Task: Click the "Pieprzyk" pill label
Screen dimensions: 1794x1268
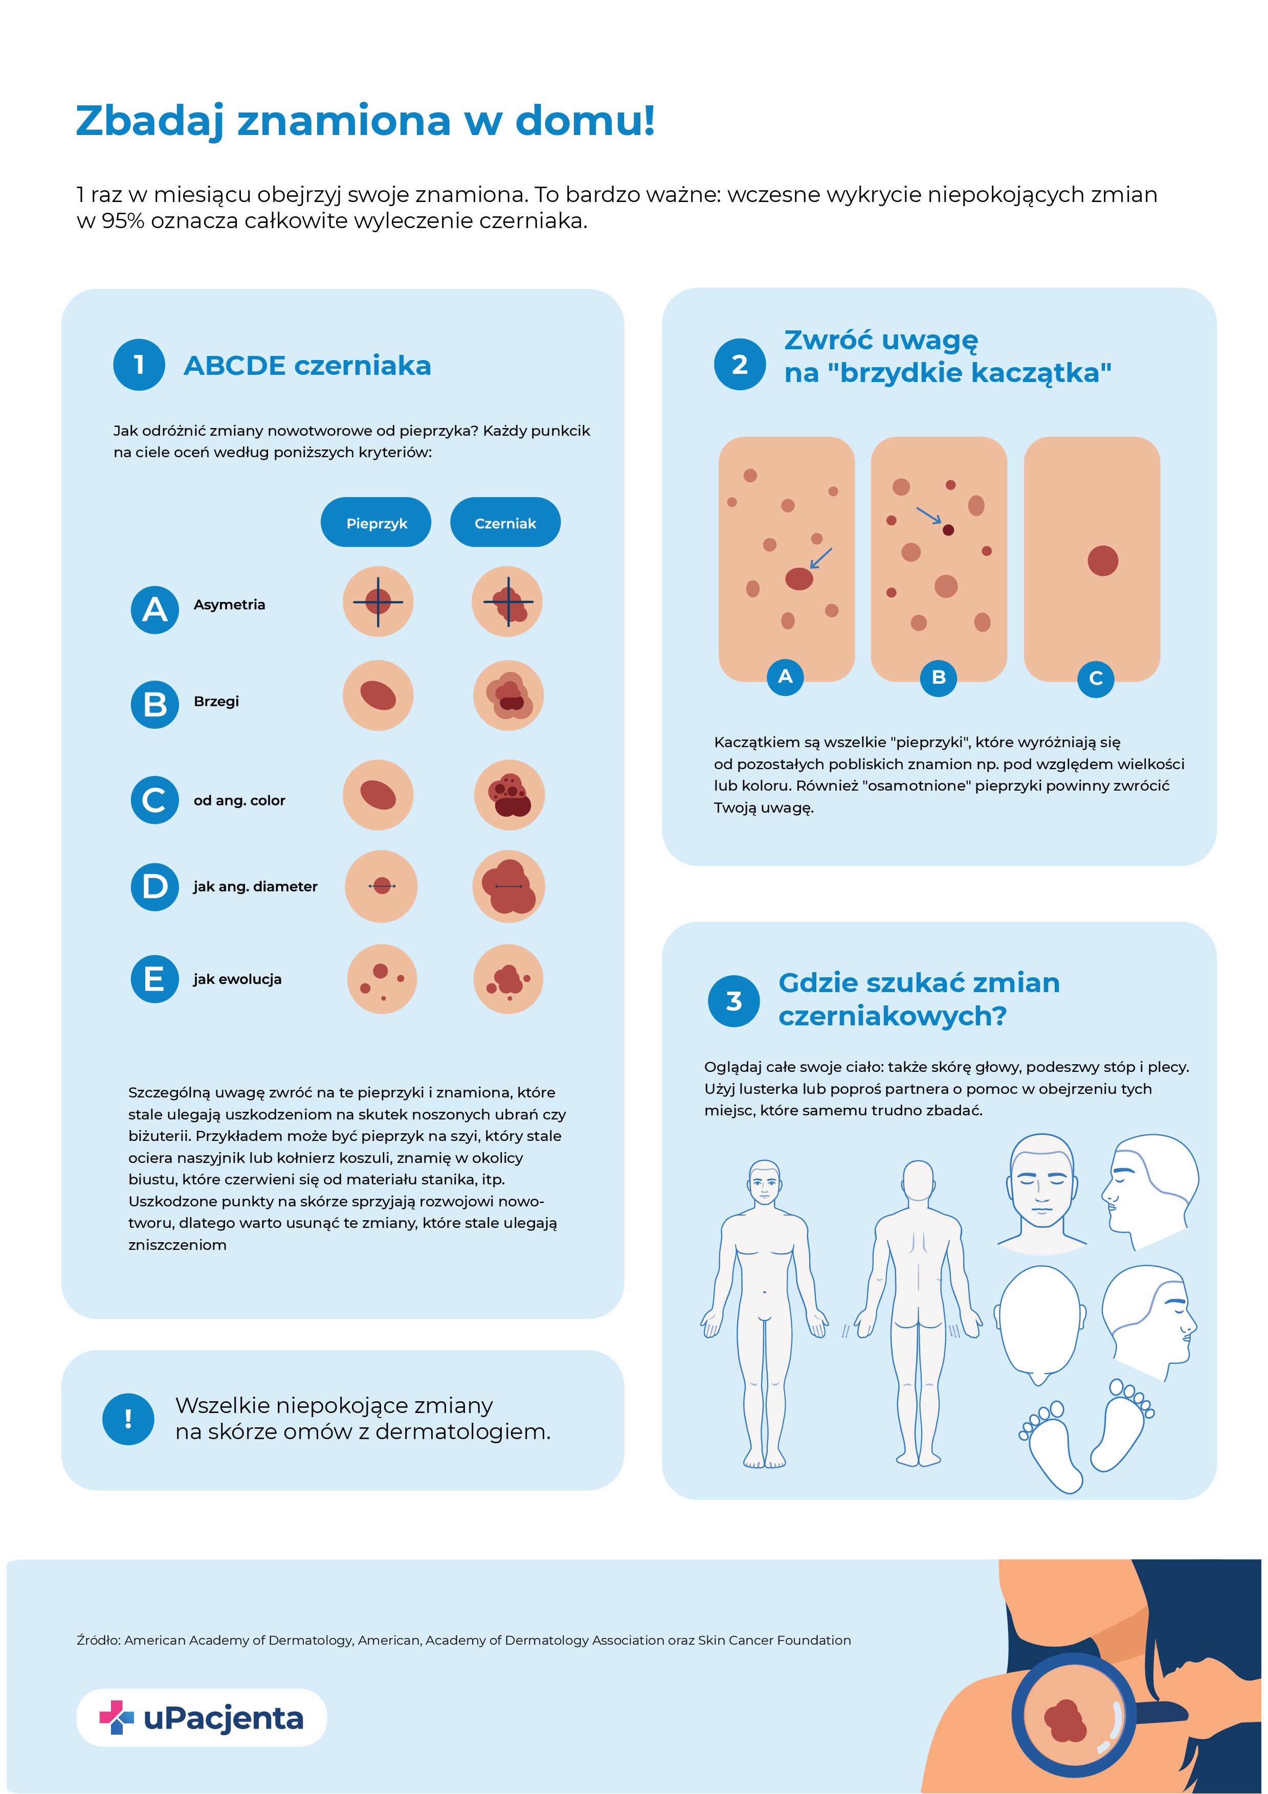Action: [376, 523]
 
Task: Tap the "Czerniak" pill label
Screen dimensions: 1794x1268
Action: [505, 523]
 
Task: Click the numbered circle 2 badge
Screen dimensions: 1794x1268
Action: [739, 364]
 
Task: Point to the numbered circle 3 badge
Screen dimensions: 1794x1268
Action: [733, 1001]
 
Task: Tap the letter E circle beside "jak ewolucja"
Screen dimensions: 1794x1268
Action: [154, 978]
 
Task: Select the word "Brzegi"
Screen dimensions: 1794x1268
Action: [216, 701]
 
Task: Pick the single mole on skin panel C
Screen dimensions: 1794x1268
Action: [1102, 560]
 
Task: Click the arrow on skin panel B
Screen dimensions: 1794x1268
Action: [929, 515]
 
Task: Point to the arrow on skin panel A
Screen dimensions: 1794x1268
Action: [820, 558]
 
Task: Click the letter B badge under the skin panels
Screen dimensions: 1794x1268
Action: [938, 677]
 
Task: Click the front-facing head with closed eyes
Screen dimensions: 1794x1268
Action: [1041, 1187]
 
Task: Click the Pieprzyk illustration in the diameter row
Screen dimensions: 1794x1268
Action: [381, 886]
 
